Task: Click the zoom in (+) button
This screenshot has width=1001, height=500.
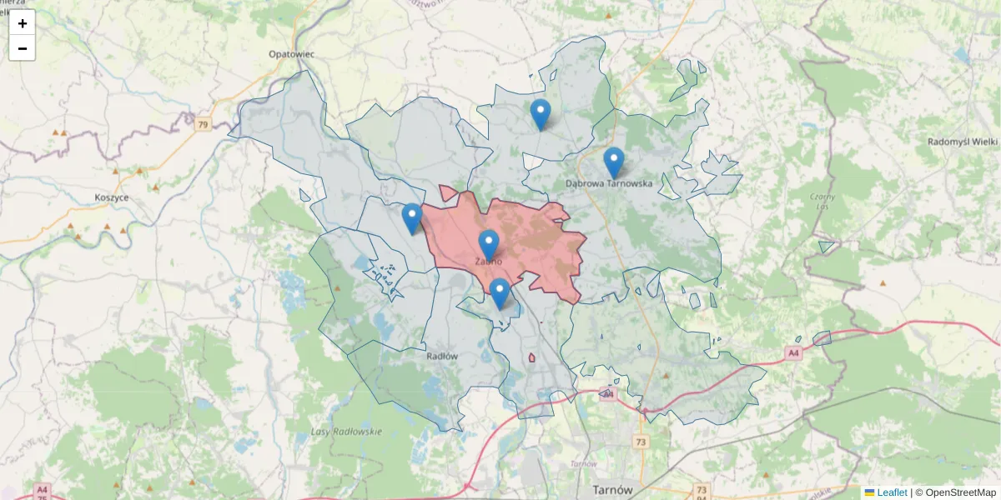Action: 23,23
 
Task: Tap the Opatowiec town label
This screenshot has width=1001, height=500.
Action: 291,53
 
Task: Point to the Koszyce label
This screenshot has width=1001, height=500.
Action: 112,197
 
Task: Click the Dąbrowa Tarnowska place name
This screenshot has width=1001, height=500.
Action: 608,182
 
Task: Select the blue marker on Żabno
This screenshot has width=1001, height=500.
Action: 489,245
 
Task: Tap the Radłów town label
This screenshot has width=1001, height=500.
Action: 442,356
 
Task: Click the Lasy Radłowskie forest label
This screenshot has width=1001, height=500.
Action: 345,432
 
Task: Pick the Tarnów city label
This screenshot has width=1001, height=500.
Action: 611,489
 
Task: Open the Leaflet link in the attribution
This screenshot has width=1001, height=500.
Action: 892,492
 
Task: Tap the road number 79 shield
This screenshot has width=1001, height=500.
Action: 203,125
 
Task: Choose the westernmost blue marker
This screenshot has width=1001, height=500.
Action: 411,218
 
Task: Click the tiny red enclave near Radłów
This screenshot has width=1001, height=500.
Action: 531,358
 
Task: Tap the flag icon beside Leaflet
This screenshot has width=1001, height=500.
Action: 870,492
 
